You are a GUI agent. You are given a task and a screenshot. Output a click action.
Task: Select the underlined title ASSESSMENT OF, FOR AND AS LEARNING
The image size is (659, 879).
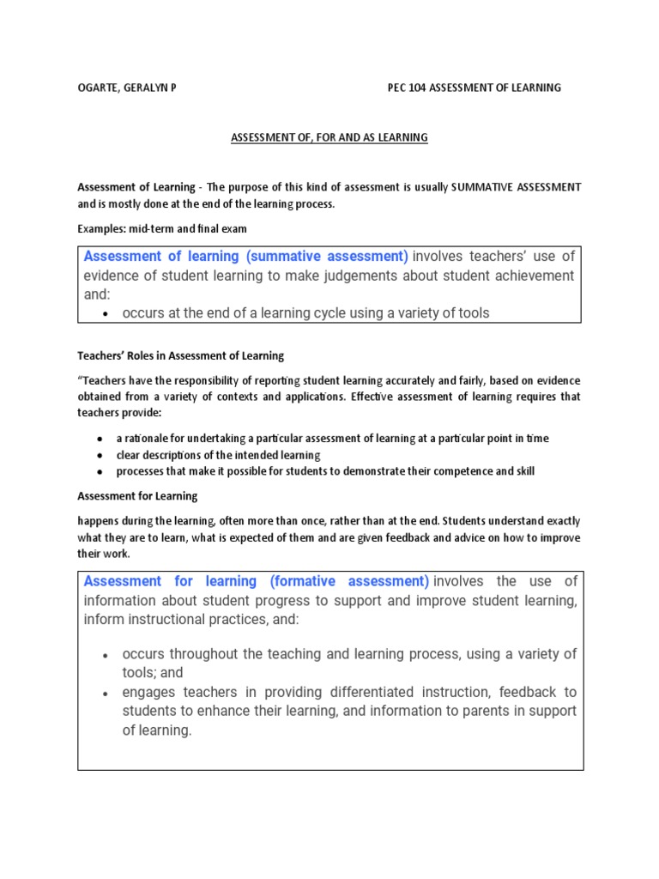click(329, 137)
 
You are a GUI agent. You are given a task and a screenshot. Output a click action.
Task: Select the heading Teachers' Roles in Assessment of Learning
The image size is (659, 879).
click(180, 355)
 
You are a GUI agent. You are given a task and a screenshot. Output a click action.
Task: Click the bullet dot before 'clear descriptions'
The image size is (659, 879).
click(100, 456)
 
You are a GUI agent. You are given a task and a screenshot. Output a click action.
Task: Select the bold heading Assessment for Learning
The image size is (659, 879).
click(137, 496)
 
